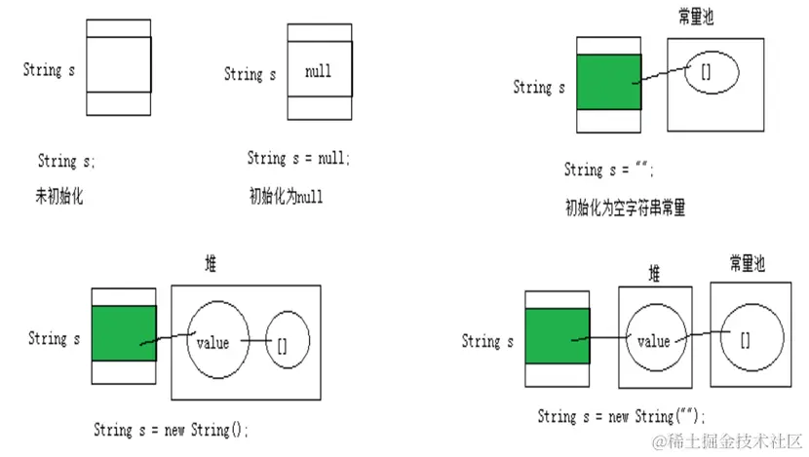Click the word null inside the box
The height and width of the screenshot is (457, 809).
[x=318, y=72]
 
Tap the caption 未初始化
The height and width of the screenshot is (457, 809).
[x=59, y=197]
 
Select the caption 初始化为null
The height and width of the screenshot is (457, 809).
[x=286, y=197]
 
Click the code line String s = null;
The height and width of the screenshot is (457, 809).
[x=298, y=158]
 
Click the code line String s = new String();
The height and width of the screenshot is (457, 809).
[x=172, y=429]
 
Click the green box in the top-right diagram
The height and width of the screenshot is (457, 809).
[x=608, y=82]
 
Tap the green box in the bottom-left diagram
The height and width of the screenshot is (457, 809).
[x=124, y=333]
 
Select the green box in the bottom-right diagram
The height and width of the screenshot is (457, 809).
[x=557, y=336]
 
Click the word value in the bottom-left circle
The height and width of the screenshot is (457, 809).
[x=212, y=343]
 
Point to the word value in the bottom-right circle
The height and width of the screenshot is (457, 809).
[x=652, y=342]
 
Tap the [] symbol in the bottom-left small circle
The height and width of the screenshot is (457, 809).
[x=282, y=344]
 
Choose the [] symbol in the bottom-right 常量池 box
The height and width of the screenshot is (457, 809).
[x=745, y=339]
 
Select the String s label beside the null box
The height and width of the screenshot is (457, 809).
[x=250, y=74]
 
